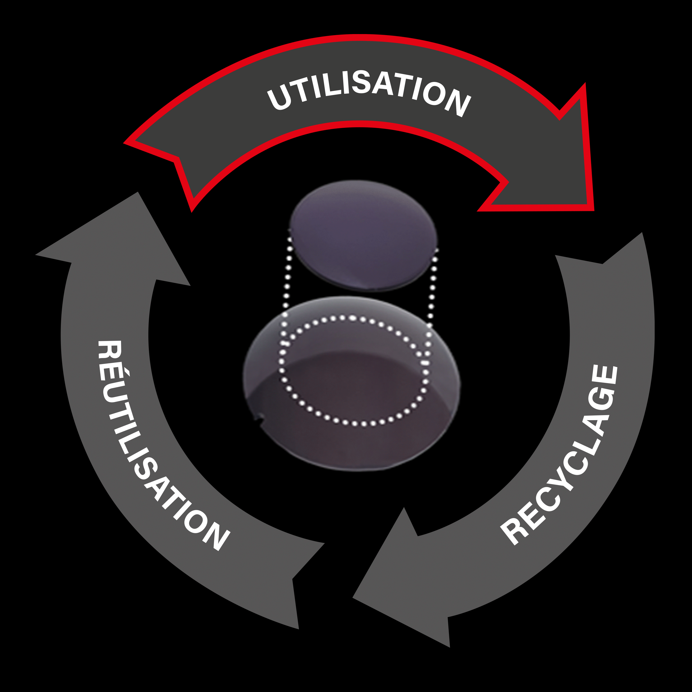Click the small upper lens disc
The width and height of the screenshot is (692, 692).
pyautogui.click(x=363, y=235)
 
